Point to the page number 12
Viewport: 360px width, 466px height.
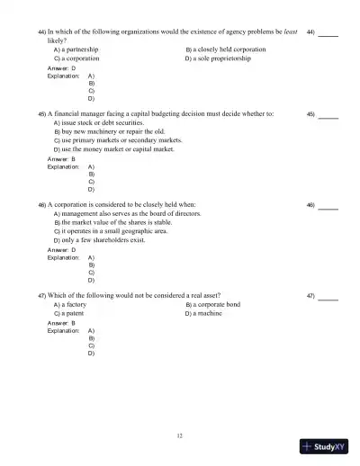[x=180, y=435]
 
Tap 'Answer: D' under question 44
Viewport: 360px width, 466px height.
[x=61, y=67]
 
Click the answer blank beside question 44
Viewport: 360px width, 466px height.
[x=328, y=33]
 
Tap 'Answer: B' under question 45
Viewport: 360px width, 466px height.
[x=61, y=158]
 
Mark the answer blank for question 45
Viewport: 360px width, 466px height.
[x=328, y=115]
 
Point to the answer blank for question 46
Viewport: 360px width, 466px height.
[x=328, y=205]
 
